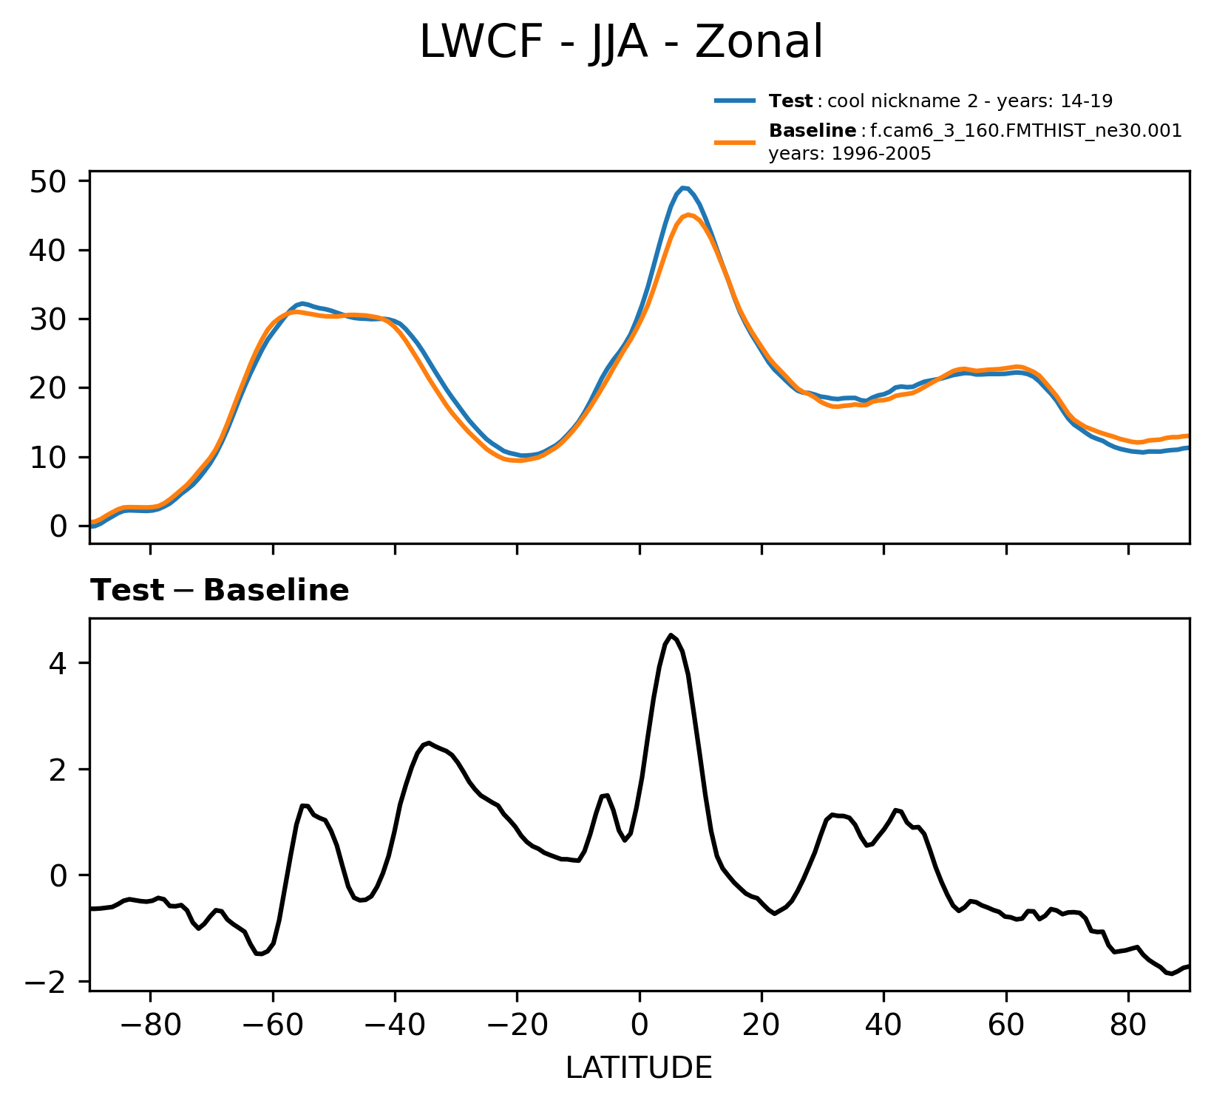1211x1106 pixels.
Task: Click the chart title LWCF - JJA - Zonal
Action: coord(620,42)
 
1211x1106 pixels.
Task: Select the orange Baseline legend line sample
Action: coord(734,141)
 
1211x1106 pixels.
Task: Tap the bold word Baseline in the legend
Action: coord(813,132)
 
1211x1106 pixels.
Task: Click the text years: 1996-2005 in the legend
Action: coord(849,154)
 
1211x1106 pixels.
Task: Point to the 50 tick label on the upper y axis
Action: coord(48,182)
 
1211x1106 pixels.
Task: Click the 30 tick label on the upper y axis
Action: coord(48,319)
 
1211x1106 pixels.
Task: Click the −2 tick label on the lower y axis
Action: coord(48,982)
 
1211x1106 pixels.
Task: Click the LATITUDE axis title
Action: coord(639,1068)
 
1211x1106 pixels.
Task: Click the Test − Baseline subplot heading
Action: coord(220,591)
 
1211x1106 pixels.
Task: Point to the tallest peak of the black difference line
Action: coord(671,634)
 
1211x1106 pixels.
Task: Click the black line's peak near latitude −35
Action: coord(429,742)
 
